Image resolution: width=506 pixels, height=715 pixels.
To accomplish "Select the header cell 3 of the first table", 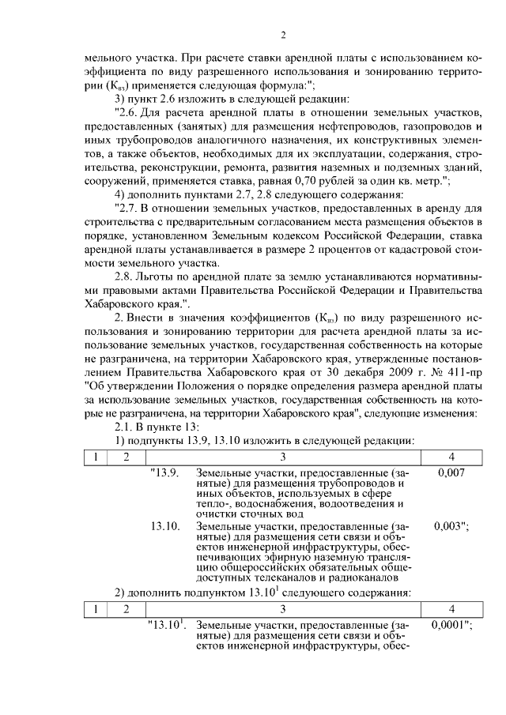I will click(281, 456).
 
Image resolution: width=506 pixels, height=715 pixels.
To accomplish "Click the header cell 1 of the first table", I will click(94, 456).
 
